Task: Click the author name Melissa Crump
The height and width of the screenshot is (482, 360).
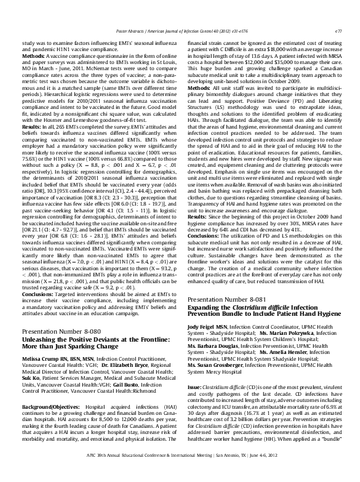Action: coord(43,358)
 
